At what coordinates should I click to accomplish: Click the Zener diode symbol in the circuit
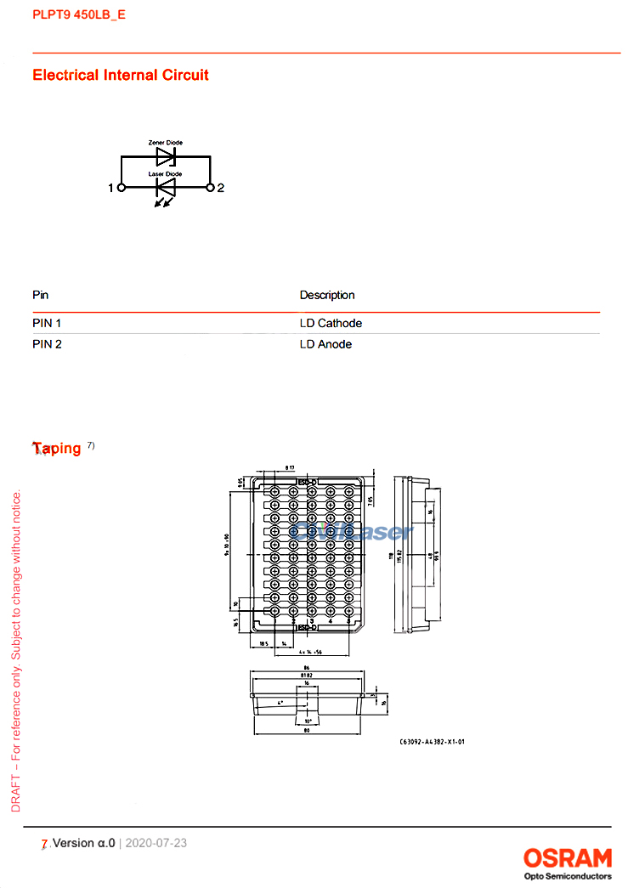[x=166, y=156]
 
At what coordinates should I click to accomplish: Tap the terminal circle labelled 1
[x=121, y=188]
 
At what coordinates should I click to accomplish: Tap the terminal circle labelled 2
[x=211, y=188]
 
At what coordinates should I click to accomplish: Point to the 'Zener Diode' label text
[x=165, y=143]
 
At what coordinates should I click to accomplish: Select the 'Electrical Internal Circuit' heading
[x=121, y=75]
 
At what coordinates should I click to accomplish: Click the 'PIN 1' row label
[x=47, y=323]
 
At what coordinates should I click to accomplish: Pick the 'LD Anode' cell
[x=325, y=344]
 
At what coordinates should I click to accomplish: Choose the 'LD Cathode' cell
[x=331, y=323]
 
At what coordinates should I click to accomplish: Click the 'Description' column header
[x=327, y=295]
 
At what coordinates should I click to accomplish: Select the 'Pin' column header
[x=40, y=295]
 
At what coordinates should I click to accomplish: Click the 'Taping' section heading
[x=57, y=448]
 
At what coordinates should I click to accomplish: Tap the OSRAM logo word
[x=567, y=857]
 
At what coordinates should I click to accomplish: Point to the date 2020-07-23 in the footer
[x=156, y=843]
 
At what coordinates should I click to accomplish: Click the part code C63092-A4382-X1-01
[x=432, y=742]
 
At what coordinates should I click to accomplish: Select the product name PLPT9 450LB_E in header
[x=79, y=14]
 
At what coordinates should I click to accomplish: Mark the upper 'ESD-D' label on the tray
[x=306, y=482]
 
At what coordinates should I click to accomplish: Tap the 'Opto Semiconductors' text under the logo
[x=567, y=875]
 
